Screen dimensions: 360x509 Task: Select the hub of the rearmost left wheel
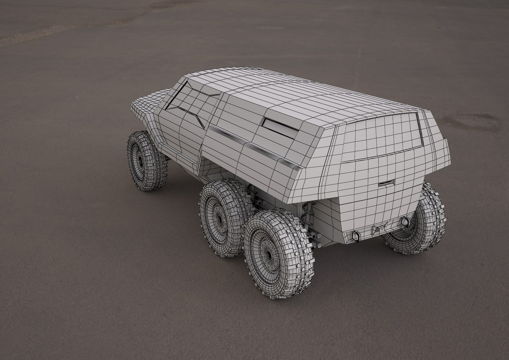(x=268, y=255)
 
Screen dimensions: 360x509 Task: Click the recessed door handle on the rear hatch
(x=386, y=183)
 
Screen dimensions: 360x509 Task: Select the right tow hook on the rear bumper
(x=406, y=221)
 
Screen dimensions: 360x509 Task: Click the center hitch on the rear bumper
(x=379, y=229)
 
